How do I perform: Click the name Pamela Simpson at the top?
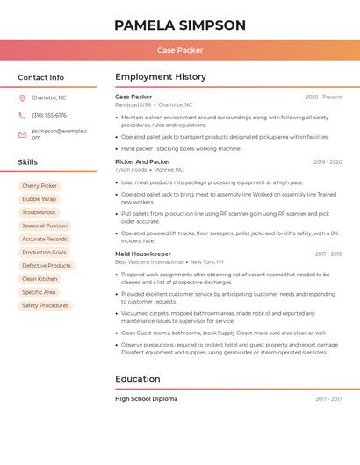[x=180, y=25]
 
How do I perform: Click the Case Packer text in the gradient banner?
[x=180, y=50]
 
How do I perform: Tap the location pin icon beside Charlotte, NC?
[x=22, y=97]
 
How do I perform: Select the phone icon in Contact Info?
[x=22, y=115]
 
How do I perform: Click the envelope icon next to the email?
[x=22, y=134]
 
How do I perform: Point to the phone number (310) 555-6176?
[x=49, y=115]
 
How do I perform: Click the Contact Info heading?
[x=40, y=77]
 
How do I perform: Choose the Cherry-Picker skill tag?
[x=40, y=186]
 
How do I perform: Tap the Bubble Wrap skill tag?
[x=39, y=199]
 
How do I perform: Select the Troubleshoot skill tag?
[x=39, y=212]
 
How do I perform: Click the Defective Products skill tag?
[x=47, y=265]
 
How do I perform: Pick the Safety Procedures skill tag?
[x=45, y=305]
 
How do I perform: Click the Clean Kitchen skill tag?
[x=40, y=279]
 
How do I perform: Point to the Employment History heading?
[x=161, y=77]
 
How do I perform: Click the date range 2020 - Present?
[x=323, y=97]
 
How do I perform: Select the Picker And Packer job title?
[x=142, y=161]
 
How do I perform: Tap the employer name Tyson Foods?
[x=132, y=170]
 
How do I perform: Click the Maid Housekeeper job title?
[x=143, y=254]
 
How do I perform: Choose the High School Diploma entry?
[x=146, y=398]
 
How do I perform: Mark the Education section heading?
[x=138, y=379]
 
